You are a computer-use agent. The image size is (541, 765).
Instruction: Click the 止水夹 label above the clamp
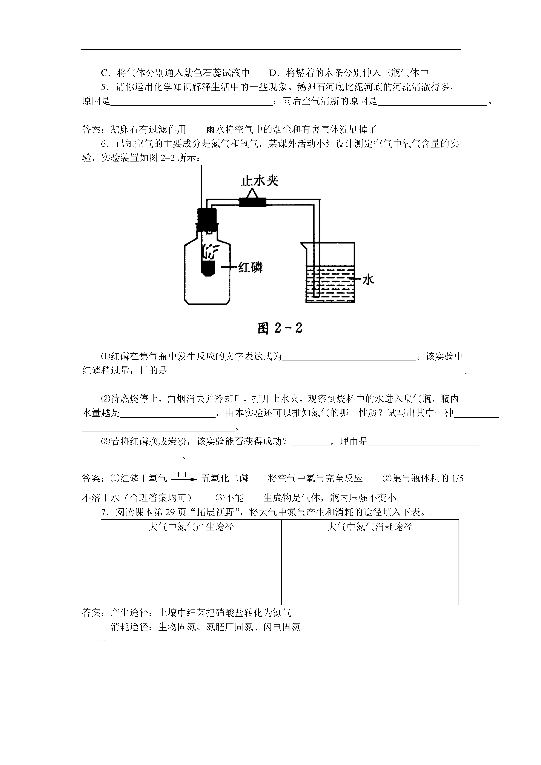pos(260,181)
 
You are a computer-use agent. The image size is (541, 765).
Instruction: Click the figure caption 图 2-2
pos(280,328)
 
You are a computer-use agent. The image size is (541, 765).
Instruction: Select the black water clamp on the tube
pos(253,202)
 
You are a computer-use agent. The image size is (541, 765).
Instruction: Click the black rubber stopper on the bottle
pos(207,219)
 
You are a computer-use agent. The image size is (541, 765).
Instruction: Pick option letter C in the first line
pos(104,73)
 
